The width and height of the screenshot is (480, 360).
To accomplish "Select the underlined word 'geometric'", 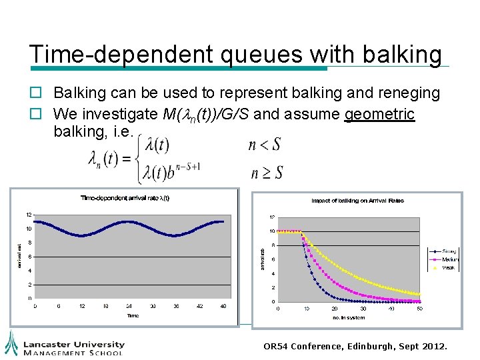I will point(379,114).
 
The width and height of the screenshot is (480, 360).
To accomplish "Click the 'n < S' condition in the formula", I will point(264,145).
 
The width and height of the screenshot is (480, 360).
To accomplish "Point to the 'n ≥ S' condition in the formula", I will point(266,173).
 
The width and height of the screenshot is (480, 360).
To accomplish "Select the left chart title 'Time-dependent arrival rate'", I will point(125,197).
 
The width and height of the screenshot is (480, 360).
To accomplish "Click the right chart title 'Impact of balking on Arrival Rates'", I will point(357,201).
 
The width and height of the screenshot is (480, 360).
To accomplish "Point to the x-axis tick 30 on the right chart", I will point(363,309).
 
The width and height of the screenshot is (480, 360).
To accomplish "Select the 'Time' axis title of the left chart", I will point(133,315).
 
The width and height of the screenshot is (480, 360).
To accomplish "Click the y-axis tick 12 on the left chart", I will point(29,215).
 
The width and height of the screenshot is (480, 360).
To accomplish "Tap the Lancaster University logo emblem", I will point(11,343).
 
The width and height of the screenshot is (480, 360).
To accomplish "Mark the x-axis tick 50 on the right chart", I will point(419,309).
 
